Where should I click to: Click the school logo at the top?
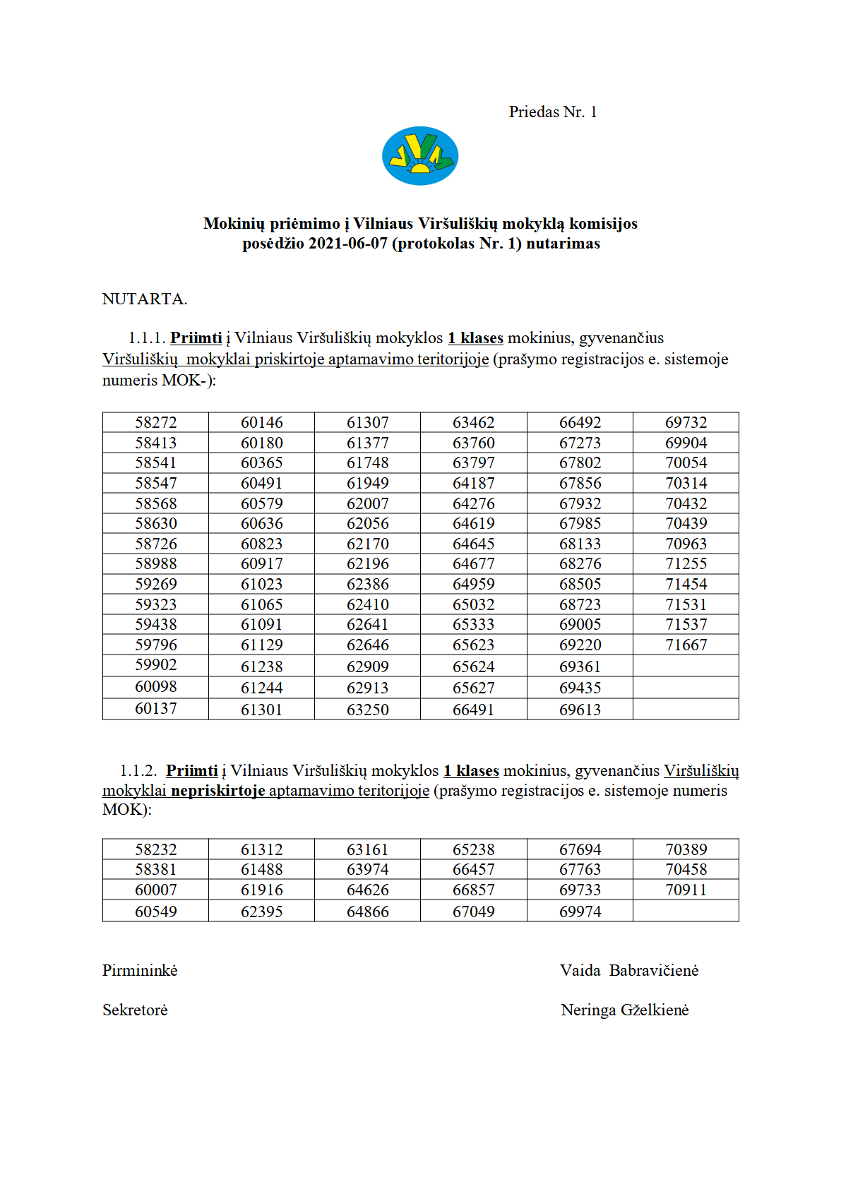coord(420,156)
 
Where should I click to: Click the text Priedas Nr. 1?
coord(553,112)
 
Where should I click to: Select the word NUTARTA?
coord(145,299)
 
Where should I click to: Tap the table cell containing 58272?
coord(156,423)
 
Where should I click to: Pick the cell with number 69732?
coord(686,423)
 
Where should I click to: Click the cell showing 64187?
coord(474,484)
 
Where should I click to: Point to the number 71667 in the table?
coord(686,645)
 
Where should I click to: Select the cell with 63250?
coord(368,710)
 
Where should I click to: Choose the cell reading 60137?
coord(156,709)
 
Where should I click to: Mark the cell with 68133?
coord(580,544)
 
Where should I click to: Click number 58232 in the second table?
coord(156,850)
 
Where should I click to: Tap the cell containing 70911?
coord(686,890)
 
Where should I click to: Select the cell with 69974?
coord(580,912)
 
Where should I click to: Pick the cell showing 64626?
coord(368,890)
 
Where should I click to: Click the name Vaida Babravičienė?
coord(629,971)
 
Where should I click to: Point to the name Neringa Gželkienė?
coord(625,1010)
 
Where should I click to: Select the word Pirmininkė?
coord(140,971)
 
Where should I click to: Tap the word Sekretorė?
coord(135,1010)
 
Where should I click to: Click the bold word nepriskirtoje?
coord(218,791)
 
